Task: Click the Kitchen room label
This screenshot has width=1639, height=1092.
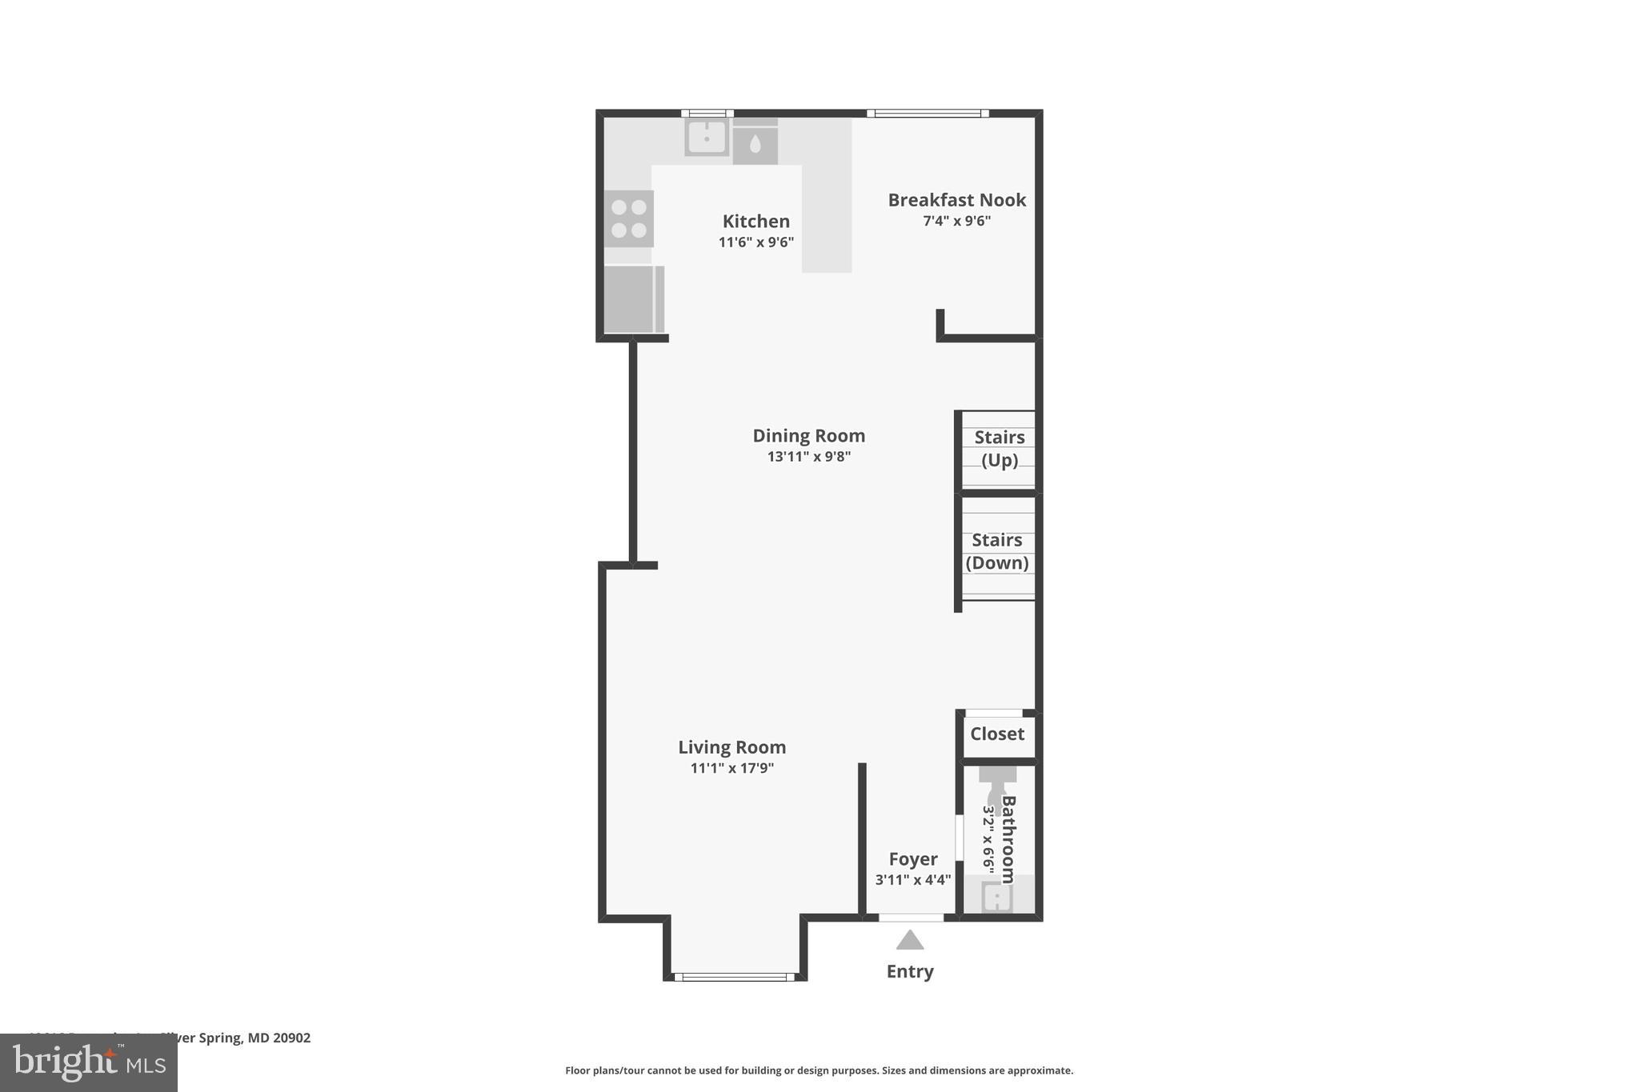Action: click(755, 222)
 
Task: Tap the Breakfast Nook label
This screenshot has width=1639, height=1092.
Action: click(956, 200)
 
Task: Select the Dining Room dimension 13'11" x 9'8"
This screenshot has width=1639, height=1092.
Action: click(808, 457)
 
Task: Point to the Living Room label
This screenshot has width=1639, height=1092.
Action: click(731, 747)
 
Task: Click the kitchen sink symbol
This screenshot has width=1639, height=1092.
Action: click(707, 138)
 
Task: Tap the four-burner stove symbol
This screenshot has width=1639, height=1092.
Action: click(628, 218)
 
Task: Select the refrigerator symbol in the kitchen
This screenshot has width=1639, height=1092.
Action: click(632, 299)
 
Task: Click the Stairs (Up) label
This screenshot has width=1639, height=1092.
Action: click(999, 449)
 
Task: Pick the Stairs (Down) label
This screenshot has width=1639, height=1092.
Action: click(996, 551)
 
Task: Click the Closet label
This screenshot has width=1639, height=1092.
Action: click(996, 734)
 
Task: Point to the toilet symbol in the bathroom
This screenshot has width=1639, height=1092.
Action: click(997, 788)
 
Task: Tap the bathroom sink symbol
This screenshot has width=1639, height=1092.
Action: click(997, 897)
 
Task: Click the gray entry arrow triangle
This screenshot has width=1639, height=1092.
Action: click(910, 941)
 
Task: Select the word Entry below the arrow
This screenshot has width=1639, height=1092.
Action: click(910, 971)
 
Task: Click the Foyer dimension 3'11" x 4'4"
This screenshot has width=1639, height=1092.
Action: click(912, 880)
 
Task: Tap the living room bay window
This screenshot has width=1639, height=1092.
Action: click(734, 977)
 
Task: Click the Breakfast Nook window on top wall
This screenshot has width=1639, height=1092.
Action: click(928, 114)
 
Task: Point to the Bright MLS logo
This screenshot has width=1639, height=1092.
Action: click(89, 1062)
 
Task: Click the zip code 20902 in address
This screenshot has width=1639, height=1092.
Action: click(291, 1038)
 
